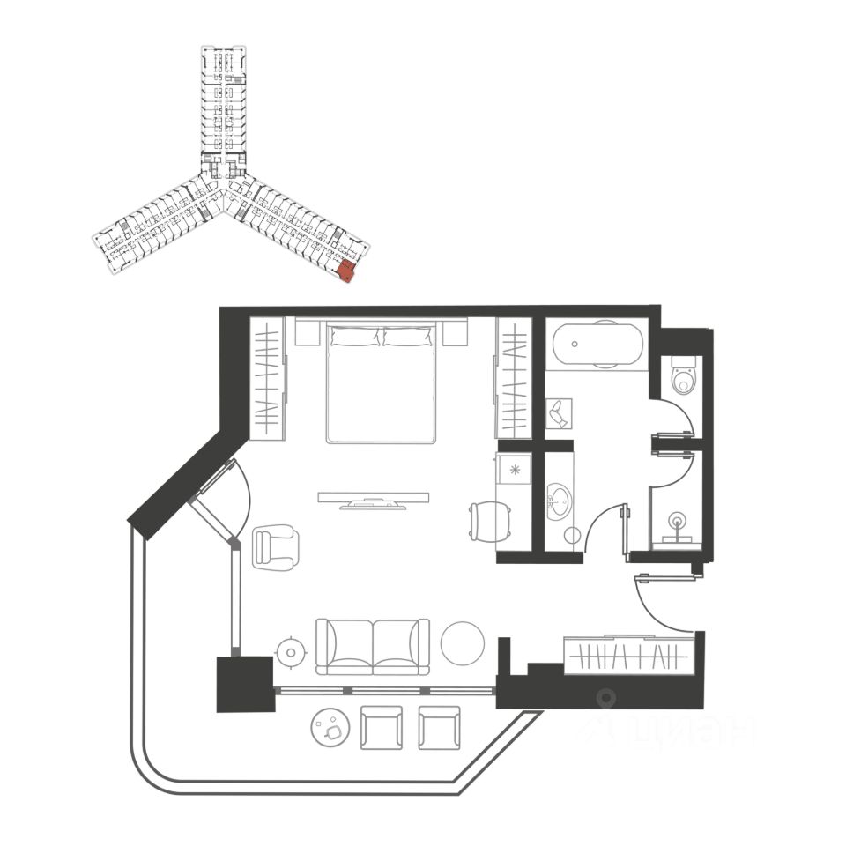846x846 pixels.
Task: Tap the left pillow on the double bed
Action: coord(355,336)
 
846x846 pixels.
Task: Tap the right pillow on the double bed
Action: coord(409,336)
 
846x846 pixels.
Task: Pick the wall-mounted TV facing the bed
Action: coord(374,500)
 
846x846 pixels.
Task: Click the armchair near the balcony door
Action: coord(275,545)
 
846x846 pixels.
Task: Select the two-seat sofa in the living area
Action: coord(373,646)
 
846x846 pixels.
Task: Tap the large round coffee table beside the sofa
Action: coord(463,643)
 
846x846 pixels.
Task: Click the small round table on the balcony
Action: coord(331,728)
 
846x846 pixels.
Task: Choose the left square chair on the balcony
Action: coord(382,728)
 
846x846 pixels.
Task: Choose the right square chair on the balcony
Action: coord(440,728)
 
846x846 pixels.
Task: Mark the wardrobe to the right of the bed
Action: coord(514,377)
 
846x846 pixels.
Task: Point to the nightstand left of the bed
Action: coord(306,333)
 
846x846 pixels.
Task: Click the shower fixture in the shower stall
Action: coord(677,521)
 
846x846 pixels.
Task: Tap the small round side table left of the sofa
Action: coord(290,651)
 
